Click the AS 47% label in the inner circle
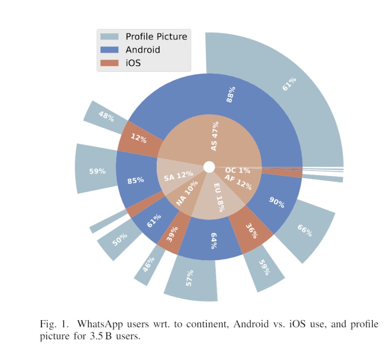tap(214, 136)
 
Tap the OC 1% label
tap(238, 170)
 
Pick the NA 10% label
tap(187, 193)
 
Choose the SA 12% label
tap(178, 177)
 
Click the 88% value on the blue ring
tap(231, 94)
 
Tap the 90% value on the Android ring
tap(276, 203)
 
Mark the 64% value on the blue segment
tap(214, 241)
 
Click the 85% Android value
tap(135, 180)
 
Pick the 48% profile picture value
tap(106, 116)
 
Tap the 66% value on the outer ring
tap(304, 230)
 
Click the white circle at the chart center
tap(209, 167)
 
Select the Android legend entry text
tap(142, 50)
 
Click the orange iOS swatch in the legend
tap(109, 63)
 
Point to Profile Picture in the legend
tap(156, 37)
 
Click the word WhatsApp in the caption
tap(97, 325)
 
